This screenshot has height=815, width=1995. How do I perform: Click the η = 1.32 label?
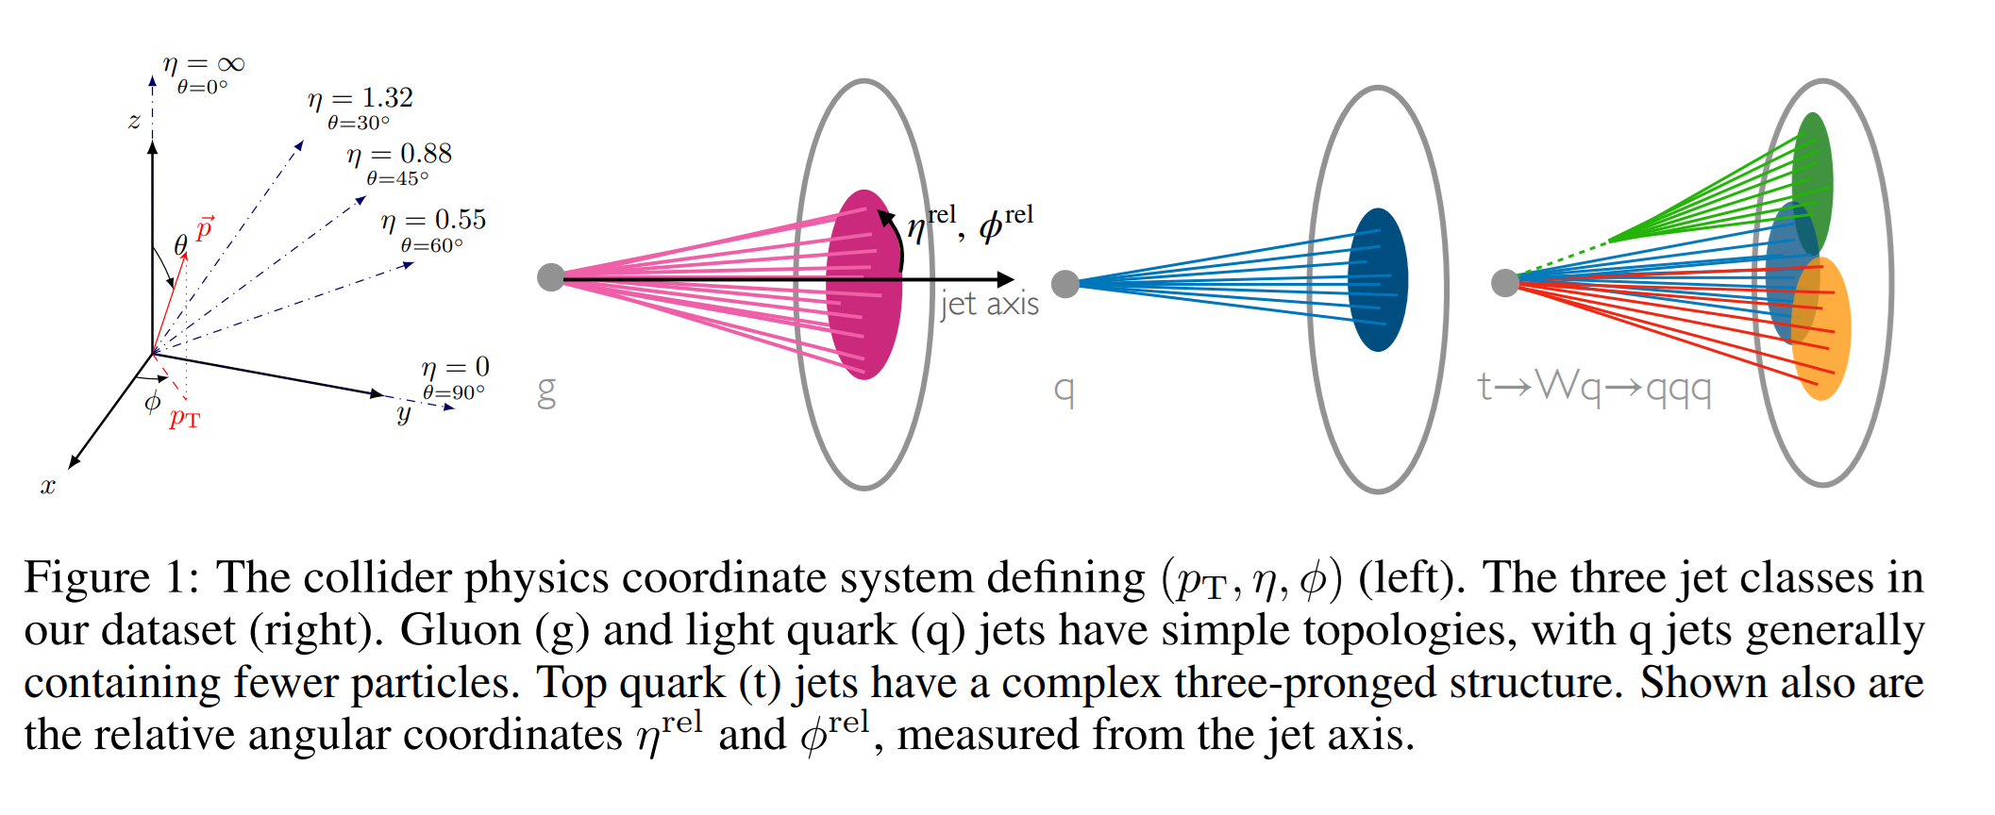(x=360, y=99)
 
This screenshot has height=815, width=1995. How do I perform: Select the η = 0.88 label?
(x=399, y=155)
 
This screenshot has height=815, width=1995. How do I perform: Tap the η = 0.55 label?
(x=434, y=221)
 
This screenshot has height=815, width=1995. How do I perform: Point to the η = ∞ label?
(x=204, y=65)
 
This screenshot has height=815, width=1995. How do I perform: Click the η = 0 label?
(x=456, y=368)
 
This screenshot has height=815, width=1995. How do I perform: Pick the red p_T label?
(x=185, y=418)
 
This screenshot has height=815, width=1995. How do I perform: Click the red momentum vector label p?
(x=205, y=228)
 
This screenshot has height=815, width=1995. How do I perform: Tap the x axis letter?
(x=48, y=487)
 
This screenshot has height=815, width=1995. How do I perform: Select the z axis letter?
(x=134, y=121)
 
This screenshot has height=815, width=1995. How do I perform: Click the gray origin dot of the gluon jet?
(x=550, y=277)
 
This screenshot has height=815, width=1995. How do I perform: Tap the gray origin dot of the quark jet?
(x=1065, y=283)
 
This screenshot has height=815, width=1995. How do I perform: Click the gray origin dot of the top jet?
(x=1504, y=282)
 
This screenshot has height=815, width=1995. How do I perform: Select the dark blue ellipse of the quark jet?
(x=1378, y=280)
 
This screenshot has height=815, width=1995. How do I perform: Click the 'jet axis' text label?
(x=989, y=305)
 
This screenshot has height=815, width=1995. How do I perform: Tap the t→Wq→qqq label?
(x=1594, y=386)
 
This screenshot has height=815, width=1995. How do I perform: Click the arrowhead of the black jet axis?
(x=1006, y=279)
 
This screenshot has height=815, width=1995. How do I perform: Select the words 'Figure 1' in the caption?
(x=88, y=577)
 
